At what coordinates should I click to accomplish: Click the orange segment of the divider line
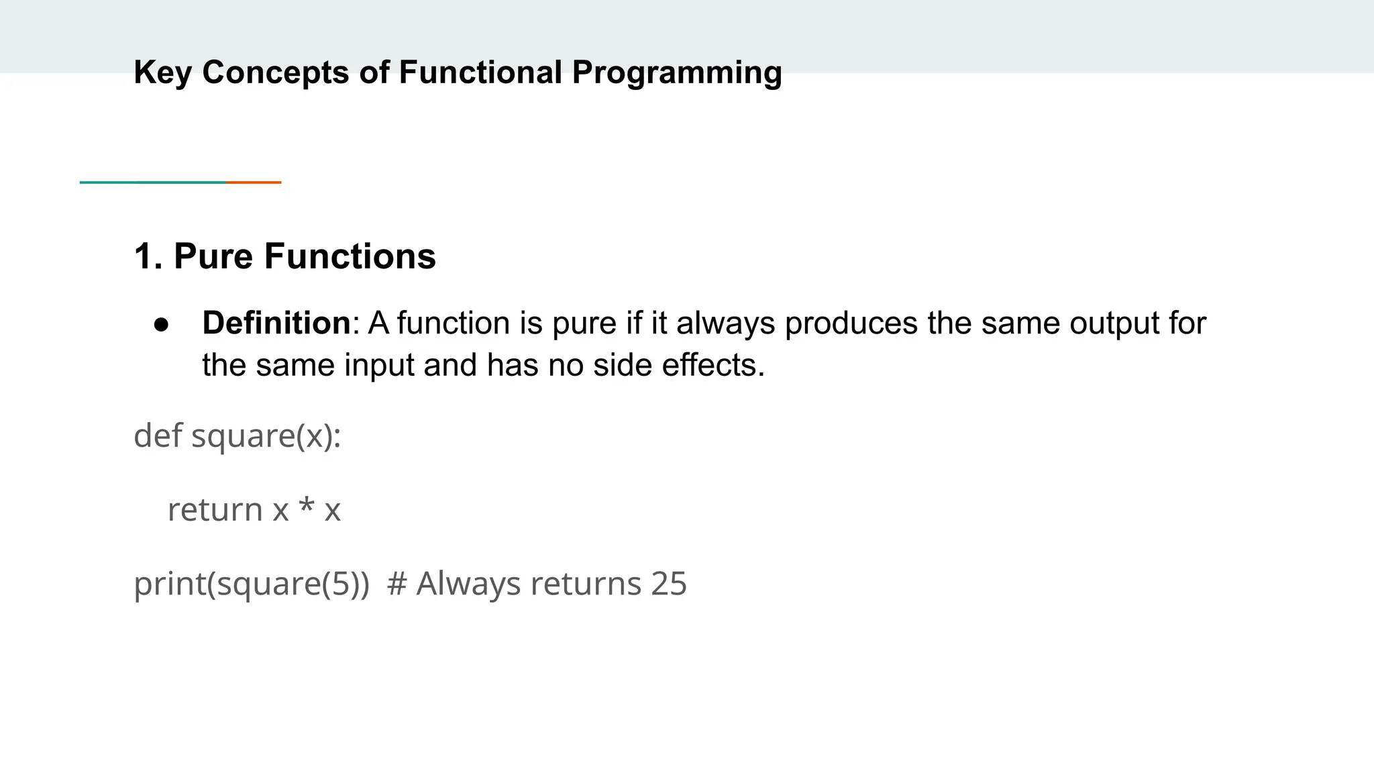click(254, 182)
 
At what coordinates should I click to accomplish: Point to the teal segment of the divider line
click(153, 182)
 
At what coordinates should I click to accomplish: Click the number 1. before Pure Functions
click(148, 256)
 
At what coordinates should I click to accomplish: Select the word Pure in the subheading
click(213, 256)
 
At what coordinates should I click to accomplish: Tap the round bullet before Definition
click(161, 324)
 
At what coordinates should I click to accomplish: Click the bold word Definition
click(276, 323)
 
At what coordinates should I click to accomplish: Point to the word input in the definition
click(379, 366)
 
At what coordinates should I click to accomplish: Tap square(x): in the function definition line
click(266, 436)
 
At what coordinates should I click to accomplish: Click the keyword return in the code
click(215, 509)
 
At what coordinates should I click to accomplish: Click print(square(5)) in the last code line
click(252, 583)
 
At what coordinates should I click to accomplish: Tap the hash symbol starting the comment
click(397, 583)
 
